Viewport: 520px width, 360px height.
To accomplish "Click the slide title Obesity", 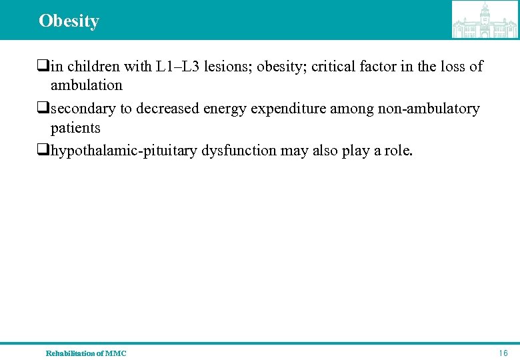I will [69, 21].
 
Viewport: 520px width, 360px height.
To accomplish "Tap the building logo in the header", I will [485, 19].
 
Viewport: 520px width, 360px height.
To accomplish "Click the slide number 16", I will [503, 353].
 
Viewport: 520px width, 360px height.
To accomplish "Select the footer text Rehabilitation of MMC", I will [86, 353].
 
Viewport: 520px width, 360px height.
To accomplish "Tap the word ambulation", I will [87, 85].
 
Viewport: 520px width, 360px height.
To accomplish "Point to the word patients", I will [75, 127].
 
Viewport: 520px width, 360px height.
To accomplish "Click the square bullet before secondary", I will [44, 109].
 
